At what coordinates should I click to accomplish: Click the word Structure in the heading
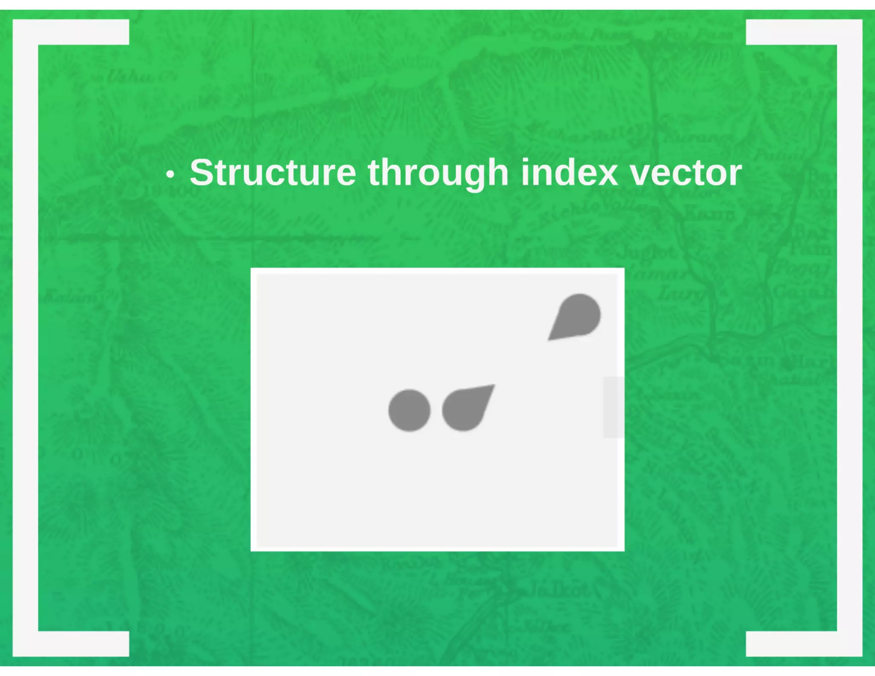pos(273,173)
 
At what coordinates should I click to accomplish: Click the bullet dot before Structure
pos(170,174)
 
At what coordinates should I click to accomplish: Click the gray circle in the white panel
pos(409,410)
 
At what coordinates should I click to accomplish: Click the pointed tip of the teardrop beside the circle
pos(493,386)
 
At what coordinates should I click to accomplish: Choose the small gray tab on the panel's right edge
pos(613,407)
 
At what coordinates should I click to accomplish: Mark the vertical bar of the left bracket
pos(26,338)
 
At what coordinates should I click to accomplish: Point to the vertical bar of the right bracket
pos(849,338)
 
